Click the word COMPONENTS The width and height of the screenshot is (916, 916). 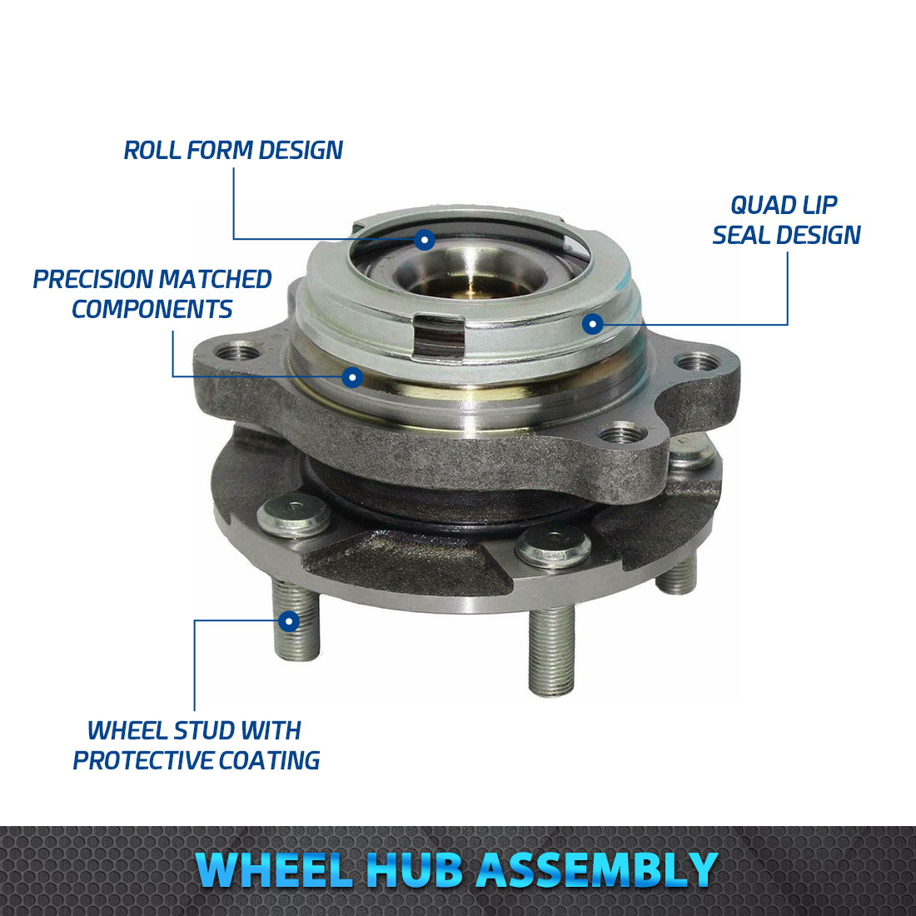(x=152, y=309)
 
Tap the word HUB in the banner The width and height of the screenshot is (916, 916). (x=413, y=870)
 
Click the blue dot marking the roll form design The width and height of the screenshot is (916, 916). (x=425, y=240)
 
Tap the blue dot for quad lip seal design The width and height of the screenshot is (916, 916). (x=592, y=323)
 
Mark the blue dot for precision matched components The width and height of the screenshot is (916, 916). (x=352, y=377)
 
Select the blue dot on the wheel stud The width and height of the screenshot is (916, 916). (x=289, y=620)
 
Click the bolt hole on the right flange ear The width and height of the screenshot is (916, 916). (x=698, y=363)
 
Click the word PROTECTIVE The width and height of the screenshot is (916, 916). (x=142, y=760)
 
